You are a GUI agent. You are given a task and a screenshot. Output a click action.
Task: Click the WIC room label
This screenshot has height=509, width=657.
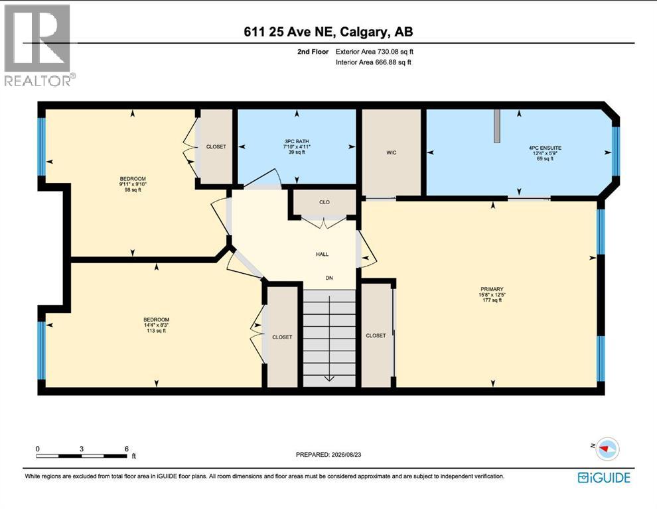(392, 152)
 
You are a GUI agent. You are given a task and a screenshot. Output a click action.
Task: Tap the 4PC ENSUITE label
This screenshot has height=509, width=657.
(545, 148)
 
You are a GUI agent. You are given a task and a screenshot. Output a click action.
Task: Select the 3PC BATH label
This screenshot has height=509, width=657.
(297, 141)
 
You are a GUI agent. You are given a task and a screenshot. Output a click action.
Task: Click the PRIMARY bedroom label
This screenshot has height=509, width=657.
(492, 289)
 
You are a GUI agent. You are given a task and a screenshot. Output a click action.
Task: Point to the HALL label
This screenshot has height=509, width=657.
(323, 254)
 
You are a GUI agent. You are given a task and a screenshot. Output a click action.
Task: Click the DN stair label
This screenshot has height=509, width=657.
(329, 278)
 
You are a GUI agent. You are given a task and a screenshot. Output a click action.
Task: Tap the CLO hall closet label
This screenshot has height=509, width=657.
(325, 202)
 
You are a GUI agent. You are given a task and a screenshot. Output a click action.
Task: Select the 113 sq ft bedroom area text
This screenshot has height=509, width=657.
(156, 331)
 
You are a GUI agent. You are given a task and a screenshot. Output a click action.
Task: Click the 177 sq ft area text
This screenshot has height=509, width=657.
(492, 300)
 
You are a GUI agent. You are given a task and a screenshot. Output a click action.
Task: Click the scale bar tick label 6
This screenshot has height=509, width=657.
(127, 449)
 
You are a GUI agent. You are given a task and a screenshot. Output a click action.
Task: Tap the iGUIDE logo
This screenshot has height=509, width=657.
(604, 478)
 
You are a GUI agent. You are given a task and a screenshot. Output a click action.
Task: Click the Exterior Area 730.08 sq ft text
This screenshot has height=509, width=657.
(374, 52)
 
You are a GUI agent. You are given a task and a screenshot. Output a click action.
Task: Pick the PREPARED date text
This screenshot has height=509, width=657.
(328, 454)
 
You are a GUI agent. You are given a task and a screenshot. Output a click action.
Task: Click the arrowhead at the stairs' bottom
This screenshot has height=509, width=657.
(329, 378)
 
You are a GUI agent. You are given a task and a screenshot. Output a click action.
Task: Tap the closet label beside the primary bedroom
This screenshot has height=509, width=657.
(376, 335)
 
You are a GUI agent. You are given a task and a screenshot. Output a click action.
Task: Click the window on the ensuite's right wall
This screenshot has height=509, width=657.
(615, 150)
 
